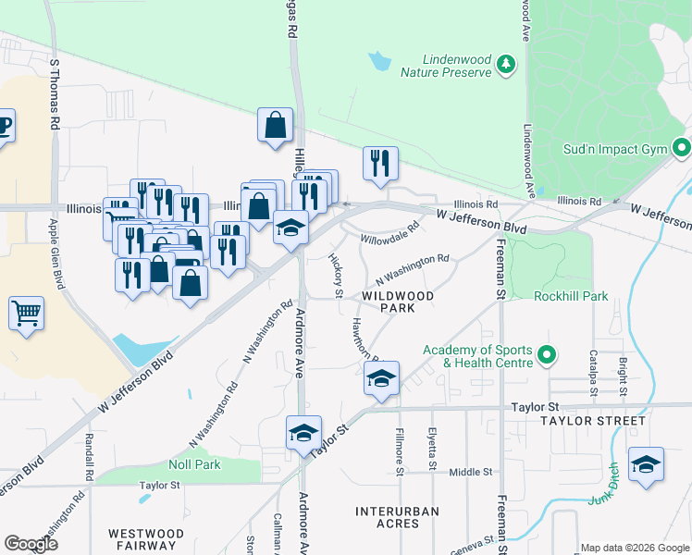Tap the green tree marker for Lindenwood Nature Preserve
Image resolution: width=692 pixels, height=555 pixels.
click(505, 64)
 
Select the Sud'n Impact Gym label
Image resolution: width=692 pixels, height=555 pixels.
click(615, 148)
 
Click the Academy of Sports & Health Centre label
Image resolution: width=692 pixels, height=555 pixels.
click(477, 356)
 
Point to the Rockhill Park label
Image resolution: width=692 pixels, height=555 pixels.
click(571, 297)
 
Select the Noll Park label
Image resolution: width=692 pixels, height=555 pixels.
click(194, 464)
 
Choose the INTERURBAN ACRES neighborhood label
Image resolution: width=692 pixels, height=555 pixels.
click(397, 517)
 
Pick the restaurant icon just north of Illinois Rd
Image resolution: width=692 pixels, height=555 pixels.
click(380, 164)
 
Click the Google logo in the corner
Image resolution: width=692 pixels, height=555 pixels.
click(31, 544)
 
